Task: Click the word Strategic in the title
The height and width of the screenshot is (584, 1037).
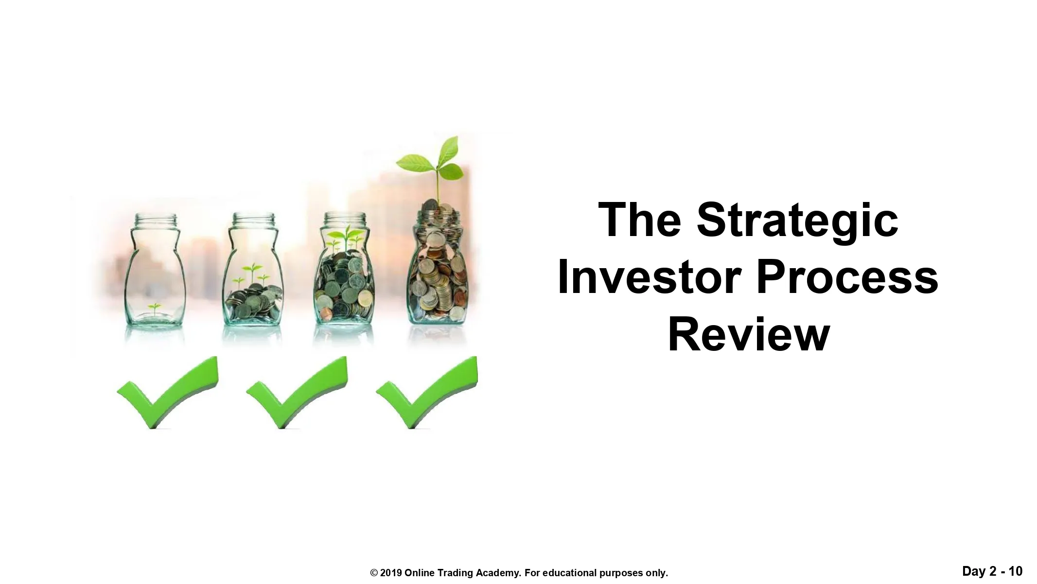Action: click(x=797, y=221)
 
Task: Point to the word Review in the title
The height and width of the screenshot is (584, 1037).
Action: click(x=749, y=335)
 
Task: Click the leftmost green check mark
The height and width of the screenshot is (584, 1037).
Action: click(x=168, y=392)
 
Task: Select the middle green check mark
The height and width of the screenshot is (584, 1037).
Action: click(x=297, y=392)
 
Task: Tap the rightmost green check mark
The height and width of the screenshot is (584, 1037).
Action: click(x=427, y=392)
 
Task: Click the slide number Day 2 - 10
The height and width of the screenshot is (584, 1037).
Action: click(x=992, y=571)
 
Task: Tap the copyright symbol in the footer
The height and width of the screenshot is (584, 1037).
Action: click(x=374, y=573)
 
